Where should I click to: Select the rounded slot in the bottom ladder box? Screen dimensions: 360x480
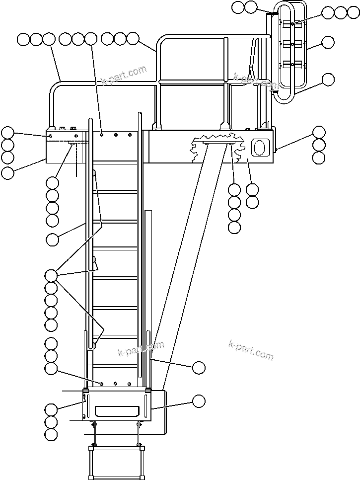pyautogui.click(x=115, y=410)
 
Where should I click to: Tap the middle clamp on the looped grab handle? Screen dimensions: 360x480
pyautogui.click(x=291, y=44)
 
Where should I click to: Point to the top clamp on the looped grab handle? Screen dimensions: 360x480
pyautogui.click(x=291, y=23)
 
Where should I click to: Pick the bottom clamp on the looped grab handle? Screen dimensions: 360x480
pyautogui.click(x=291, y=64)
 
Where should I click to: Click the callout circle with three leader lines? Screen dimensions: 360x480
pyautogui.click(x=51, y=275)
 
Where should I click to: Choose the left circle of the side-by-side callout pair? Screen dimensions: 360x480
pyautogui.click(x=238, y=7)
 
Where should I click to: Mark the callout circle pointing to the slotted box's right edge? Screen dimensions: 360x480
pyautogui.click(x=199, y=400)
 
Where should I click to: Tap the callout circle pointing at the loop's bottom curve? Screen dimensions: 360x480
pyautogui.click(x=328, y=79)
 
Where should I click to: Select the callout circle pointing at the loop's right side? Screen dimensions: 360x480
pyautogui.click(x=328, y=42)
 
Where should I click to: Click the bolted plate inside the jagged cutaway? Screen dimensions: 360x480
pyautogui.click(x=218, y=144)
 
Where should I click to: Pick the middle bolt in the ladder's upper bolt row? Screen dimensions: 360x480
pyautogui.click(x=115, y=134)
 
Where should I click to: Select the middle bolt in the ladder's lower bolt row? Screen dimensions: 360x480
pyautogui.click(x=115, y=384)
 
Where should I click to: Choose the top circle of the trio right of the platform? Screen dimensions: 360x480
pyautogui.click(x=319, y=132)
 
